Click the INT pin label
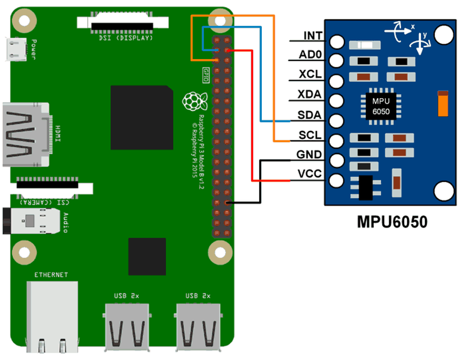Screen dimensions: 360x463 pos(313,36)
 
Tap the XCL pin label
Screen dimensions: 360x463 pos(310,75)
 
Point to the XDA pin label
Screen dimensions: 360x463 pos(310,95)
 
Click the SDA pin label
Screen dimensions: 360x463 pos(310,115)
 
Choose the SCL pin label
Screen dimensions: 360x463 pos(310,135)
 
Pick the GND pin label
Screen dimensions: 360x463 pos(310,155)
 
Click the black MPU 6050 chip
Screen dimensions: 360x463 pos(381,106)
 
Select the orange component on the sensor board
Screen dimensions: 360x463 pos(443,103)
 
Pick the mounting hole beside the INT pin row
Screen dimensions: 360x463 pos(444,35)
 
